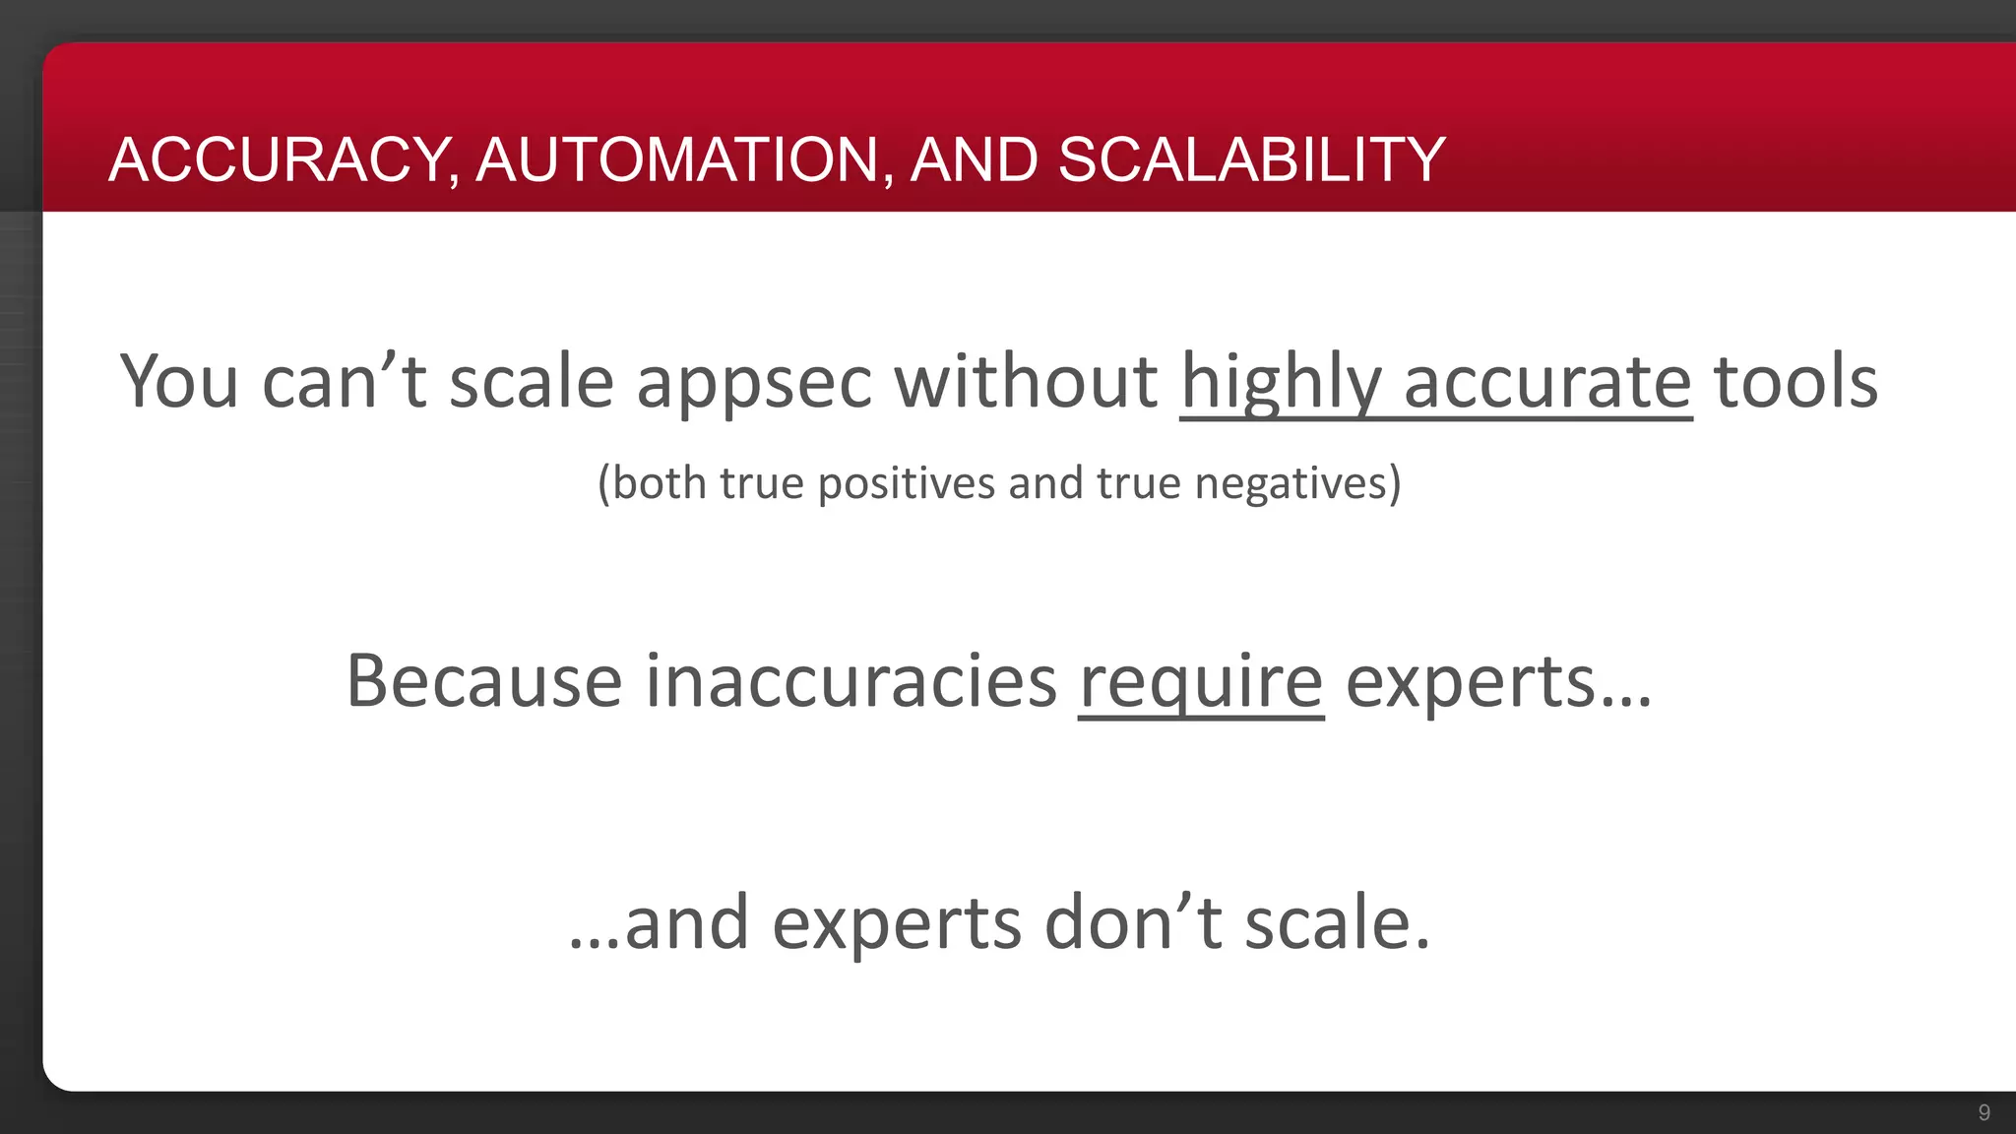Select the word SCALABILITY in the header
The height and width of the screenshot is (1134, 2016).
(1251, 159)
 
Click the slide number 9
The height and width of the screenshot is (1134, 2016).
(1984, 1112)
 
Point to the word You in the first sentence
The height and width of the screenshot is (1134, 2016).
(179, 382)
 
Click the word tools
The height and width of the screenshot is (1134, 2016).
(1795, 382)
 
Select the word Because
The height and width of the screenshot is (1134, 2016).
(484, 681)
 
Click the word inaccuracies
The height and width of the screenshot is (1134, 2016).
(850, 681)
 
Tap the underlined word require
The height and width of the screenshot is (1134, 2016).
(1201, 683)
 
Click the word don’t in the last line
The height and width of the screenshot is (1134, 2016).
(1133, 923)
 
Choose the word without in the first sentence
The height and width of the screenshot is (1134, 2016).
(1026, 382)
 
